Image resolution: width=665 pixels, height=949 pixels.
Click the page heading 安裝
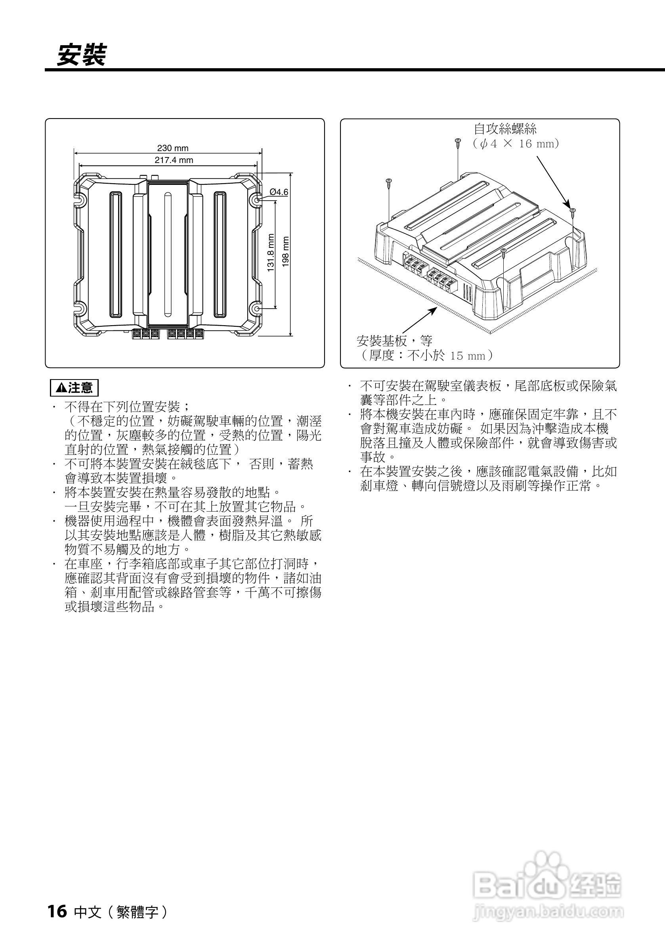(81, 55)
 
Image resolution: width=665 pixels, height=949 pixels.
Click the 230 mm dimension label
(173, 148)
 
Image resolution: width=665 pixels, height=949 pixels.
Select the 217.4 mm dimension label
(174, 160)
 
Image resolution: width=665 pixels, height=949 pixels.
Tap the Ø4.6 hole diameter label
(279, 192)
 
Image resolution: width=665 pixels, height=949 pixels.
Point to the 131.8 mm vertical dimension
(271, 253)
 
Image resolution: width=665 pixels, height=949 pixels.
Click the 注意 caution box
(75, 388)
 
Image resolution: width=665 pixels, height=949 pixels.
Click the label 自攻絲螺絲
(505, 129)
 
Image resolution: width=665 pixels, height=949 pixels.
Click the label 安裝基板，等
(394, 341)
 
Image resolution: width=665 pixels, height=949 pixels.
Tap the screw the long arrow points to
(572, 212)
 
